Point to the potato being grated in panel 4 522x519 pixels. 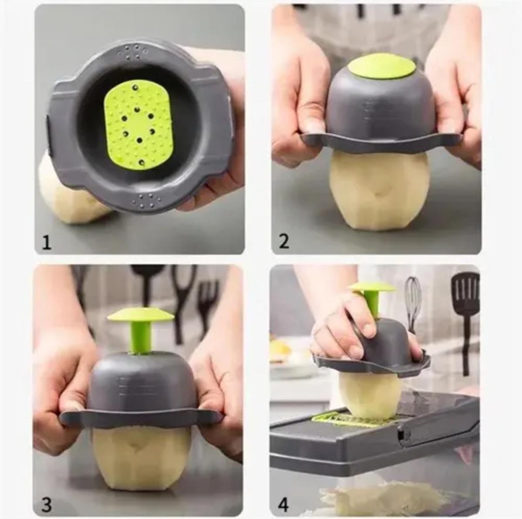(x=370, y=394)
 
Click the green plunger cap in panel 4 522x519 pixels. (x=371, y=287)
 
